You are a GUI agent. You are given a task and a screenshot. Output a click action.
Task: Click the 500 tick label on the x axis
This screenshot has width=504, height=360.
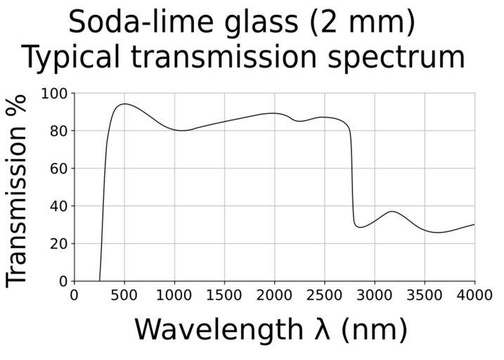coord(124,295)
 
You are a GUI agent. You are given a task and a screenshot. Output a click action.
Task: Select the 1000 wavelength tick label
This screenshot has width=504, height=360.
coord(174,295)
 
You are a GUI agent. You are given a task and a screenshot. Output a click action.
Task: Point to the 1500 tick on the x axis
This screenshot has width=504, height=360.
coord(224,295)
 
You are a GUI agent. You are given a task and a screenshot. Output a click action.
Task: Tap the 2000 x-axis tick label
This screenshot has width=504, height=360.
coord(274,295)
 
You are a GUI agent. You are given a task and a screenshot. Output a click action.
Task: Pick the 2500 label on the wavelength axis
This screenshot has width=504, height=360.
coord(324,295)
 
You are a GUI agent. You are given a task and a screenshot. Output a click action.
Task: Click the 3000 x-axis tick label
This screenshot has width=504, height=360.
coord(374,295)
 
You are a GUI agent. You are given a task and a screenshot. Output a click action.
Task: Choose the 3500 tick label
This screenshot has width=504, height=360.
coord(424,295)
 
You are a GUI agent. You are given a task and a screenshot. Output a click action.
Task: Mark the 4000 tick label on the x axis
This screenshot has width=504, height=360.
coord(474,295)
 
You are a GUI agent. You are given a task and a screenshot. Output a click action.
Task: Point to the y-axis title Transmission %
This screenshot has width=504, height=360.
coord(17,190)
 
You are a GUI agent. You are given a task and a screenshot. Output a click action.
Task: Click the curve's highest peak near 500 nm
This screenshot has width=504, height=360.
coord(124,104)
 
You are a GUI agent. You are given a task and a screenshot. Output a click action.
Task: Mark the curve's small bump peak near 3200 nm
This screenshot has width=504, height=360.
coord(392,211)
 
